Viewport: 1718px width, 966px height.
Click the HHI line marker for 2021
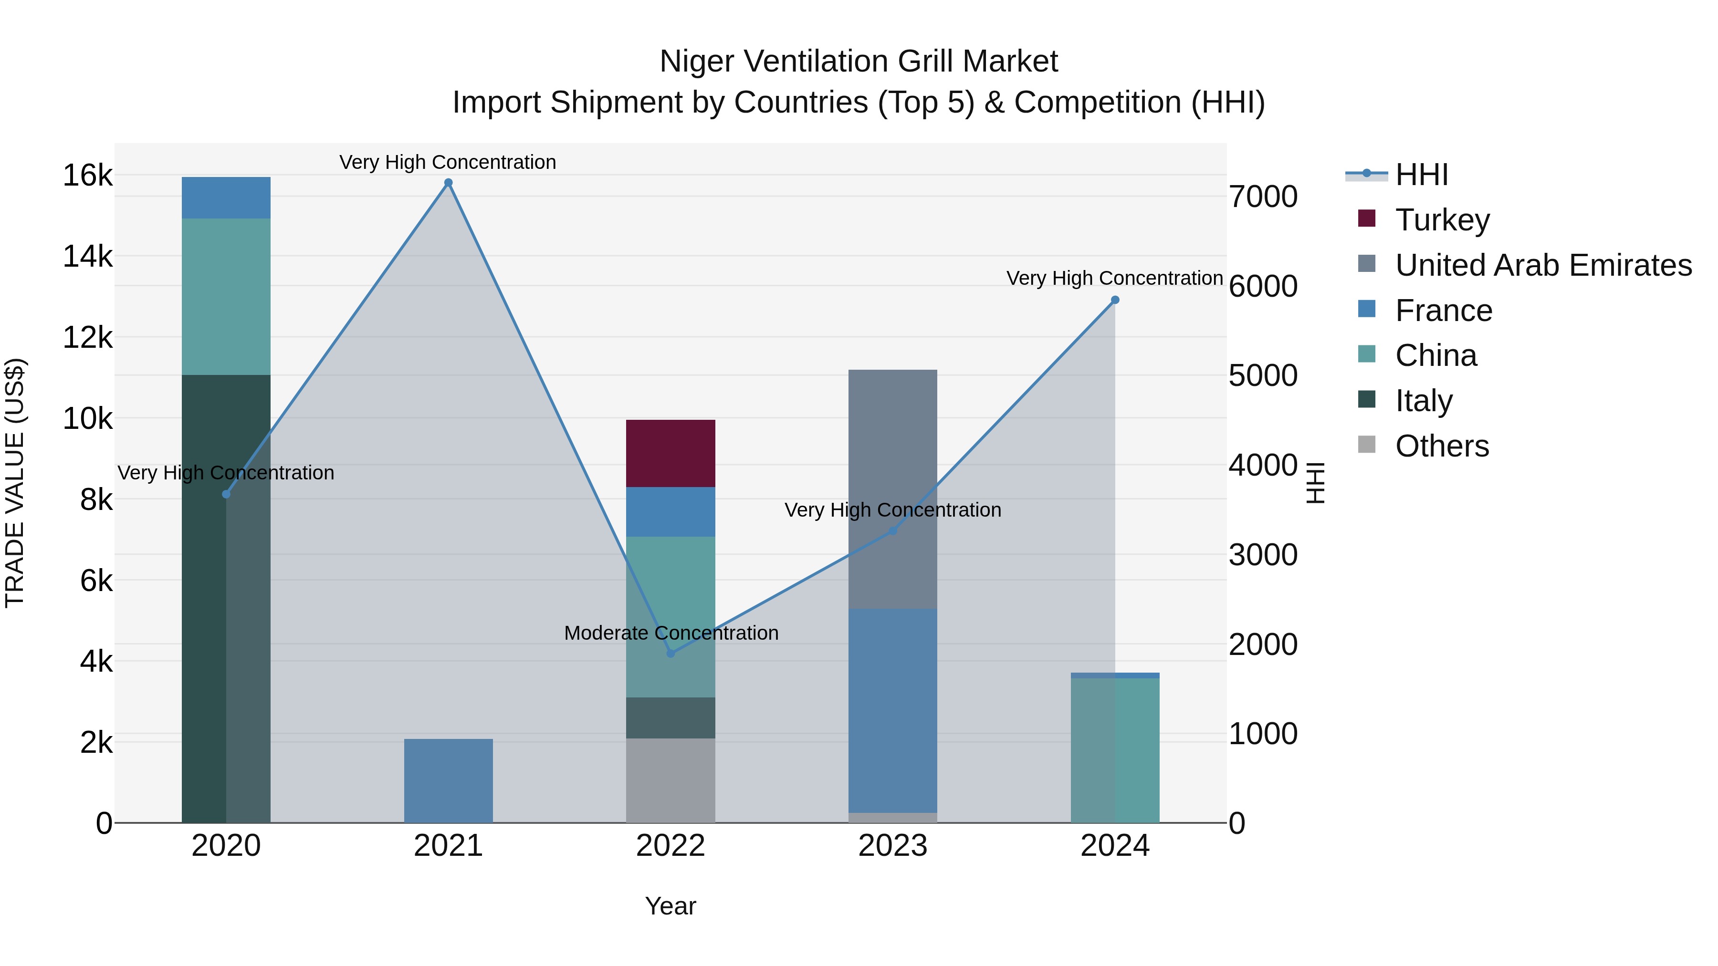(x=448, y=183)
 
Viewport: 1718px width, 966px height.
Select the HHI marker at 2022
(x=671, y=654)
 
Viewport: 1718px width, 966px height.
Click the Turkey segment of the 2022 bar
(x=670, y=453)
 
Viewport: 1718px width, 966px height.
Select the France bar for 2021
(x=448, y=780)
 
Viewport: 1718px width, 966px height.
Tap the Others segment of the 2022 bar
(x=670, y=780)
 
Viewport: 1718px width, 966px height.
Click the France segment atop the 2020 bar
(x=226, y=197)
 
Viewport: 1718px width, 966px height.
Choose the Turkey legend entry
(x=1442, y=220)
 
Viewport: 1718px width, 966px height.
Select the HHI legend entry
(x=1421, y=175)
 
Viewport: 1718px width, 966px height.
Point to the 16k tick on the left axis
(x=87, y=176)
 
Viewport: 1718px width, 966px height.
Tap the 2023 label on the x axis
(x=892, y=846)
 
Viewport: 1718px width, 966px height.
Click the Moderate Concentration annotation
(x=671, y=633)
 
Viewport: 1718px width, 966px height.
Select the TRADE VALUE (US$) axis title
(x=15, y=483)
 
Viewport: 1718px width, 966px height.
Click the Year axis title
(x=670, y=906)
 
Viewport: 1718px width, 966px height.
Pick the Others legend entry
(x=1441, y=446)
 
